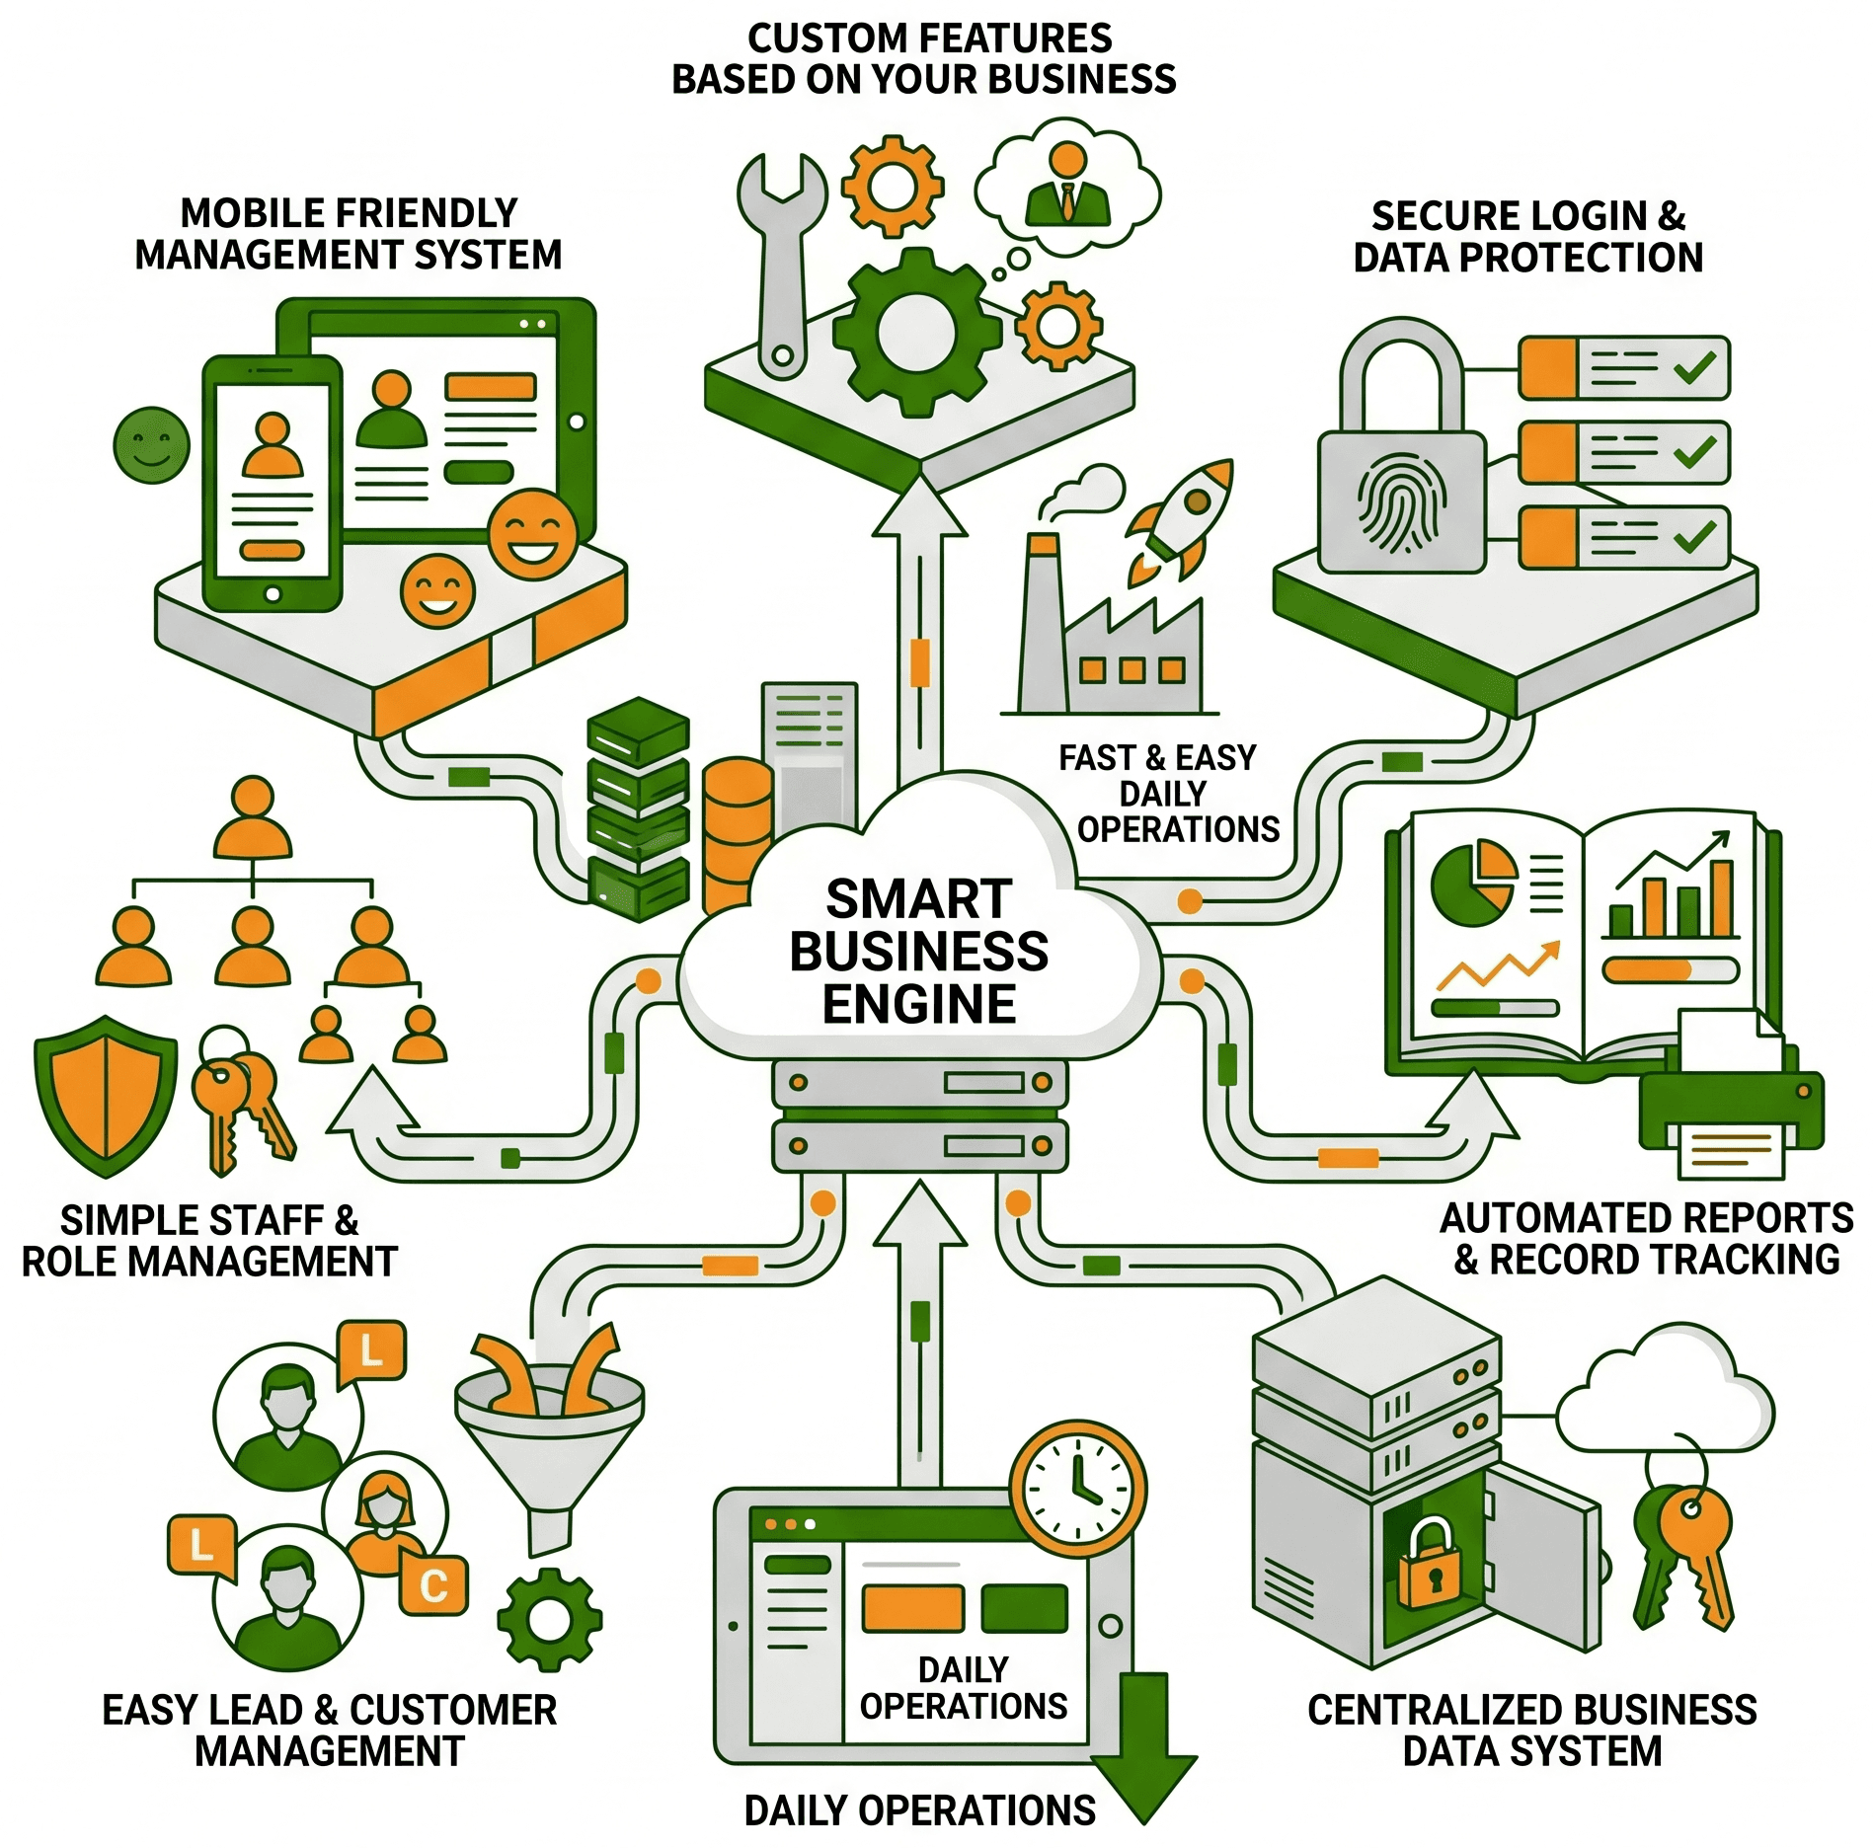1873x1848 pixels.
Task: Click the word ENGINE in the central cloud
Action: click(919, 1004)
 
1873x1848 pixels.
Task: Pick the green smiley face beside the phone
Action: click(151, 445)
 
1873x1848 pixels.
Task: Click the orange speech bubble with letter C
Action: click(433, 1585)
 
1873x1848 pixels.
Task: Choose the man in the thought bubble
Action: click(1067, 183)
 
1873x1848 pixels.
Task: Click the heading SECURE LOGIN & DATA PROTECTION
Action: click(1528, 237)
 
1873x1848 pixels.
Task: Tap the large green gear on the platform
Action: click(917, 331)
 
